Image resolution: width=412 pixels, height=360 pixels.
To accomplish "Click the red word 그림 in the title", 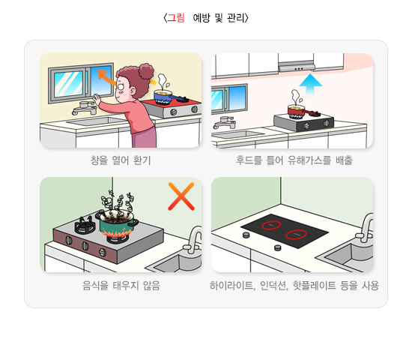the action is [x=176, y=18].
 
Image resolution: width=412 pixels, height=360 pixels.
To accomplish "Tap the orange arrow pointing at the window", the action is [x=106, y=76].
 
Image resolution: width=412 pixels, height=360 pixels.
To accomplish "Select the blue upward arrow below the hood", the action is [x=311, y=85].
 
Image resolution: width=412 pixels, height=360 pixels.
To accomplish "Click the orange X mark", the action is [x=181, y=196].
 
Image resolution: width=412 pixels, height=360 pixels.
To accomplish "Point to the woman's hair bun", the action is [x=146, y=70].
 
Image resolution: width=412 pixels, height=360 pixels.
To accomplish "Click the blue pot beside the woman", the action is [x=163, y=97].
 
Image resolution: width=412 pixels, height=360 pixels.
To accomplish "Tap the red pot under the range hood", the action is [x=297, y=112].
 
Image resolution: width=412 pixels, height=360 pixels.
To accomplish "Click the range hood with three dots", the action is [x=297, y=67].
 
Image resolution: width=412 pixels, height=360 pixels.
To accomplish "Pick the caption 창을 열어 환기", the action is [x=121, y=160].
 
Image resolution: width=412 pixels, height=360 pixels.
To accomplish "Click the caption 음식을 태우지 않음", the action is [x=121, y=285].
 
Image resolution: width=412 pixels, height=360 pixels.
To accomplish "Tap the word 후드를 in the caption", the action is [x=249, y=160].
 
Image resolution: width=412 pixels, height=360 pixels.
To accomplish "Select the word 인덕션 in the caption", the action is [x=273, y=285].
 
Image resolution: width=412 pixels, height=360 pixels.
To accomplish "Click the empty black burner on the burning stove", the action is [x=85, y=225].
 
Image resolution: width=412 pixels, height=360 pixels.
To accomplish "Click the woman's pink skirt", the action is [x=144, y=138].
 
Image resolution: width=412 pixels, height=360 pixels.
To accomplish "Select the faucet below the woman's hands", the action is [x=85, y=109].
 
